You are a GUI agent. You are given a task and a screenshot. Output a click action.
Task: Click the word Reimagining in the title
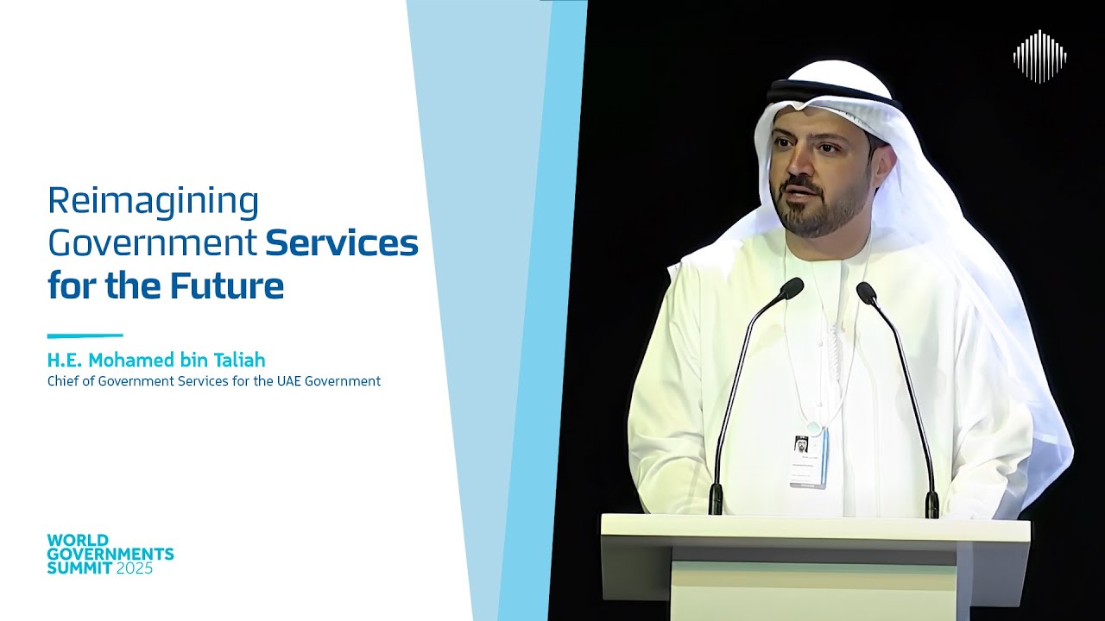153,202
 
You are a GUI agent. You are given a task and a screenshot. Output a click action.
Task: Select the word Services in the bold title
342,243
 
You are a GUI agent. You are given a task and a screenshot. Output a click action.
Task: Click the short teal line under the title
85,336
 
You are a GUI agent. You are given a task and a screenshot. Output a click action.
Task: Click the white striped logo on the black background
1039,57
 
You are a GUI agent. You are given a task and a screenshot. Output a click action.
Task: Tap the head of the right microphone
866,292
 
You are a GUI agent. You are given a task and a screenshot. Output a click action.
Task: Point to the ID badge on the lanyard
808,456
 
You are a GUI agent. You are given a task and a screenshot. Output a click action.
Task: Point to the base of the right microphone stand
931,504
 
